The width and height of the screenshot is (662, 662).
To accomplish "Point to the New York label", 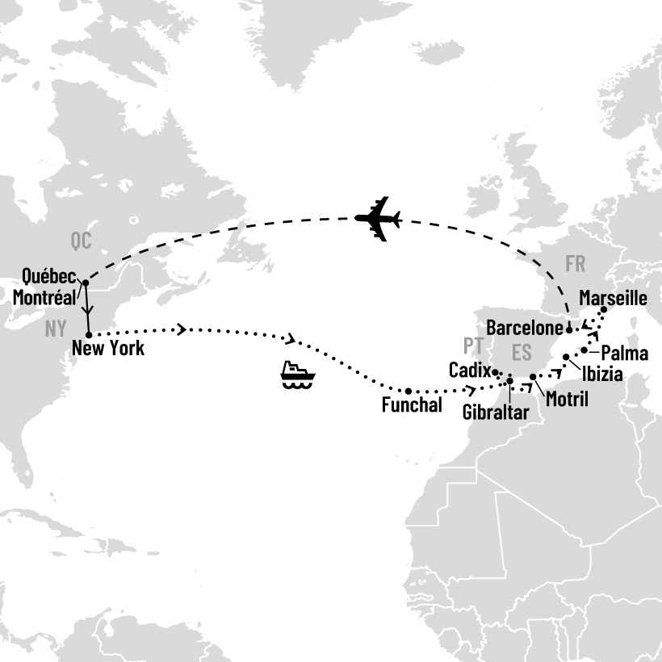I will pos(108,350).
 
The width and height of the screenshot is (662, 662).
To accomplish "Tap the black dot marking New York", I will pos(88,333).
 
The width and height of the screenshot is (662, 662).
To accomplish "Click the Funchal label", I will pos(413,406).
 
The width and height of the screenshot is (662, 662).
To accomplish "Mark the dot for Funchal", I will pos(409,391).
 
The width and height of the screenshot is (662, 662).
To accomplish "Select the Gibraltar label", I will pos(496,413).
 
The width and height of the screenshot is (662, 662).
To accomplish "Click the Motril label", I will pos(567,399).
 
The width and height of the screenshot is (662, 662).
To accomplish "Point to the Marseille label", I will pos(614,299).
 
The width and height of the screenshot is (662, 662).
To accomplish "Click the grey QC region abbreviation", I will pos(82,241).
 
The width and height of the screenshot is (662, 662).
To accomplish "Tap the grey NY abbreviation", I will pos(55,329).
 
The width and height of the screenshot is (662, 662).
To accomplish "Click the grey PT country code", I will pos(473,346).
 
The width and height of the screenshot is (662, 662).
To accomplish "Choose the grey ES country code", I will pos(523,353).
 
